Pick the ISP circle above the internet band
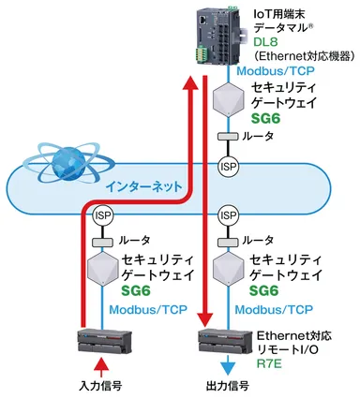tap(226, 165)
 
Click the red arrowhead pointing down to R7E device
tap(206, 319)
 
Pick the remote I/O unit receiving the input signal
tap(100, 338)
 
